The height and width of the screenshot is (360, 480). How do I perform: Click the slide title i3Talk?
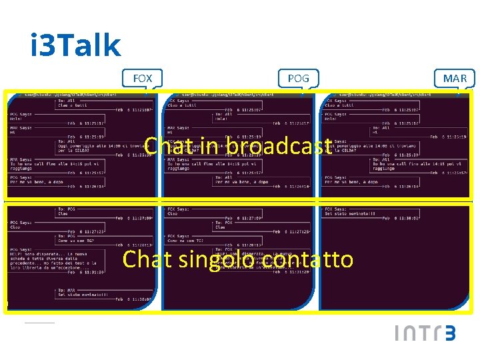click(x=75, y=46)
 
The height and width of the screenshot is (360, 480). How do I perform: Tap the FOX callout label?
click(x=142, y=79)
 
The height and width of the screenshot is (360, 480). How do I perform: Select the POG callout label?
click(x=298, y=79)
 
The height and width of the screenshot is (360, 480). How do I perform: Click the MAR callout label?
click(x=455, y=79)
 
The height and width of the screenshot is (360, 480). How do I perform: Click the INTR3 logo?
click(x=425, y=333)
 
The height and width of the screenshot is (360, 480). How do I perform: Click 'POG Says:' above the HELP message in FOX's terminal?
click(x=24, y=249)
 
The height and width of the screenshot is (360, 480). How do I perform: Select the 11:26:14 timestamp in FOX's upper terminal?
click(x=136, y=187)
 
